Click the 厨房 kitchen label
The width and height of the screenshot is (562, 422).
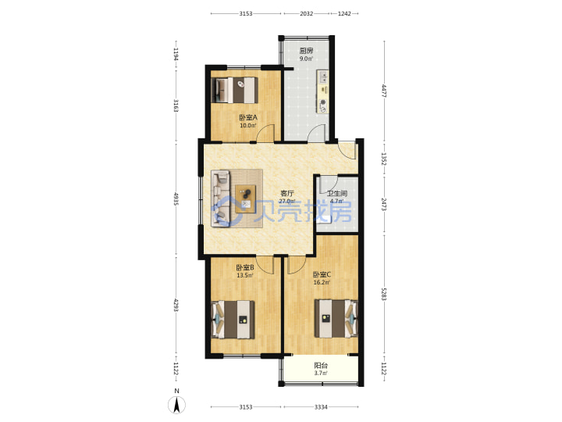306,51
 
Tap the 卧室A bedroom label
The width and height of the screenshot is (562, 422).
248,117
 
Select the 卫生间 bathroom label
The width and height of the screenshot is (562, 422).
336,194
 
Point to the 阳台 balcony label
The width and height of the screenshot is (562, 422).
321,366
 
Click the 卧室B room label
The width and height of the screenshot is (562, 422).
245,268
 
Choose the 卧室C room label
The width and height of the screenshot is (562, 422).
322,274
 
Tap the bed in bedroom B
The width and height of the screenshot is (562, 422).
233,320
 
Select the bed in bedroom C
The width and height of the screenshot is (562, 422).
336,318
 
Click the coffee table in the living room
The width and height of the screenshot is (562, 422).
246,198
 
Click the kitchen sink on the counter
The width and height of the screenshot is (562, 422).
323,77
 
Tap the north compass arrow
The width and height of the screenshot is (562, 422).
176,405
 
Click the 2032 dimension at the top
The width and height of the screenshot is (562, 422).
306,13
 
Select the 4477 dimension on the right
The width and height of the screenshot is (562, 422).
384,91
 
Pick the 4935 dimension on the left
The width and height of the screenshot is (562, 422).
176,198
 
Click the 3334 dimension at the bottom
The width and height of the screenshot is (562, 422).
321,407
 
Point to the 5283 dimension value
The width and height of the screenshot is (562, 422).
384,295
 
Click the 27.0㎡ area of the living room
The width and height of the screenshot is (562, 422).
287,201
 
